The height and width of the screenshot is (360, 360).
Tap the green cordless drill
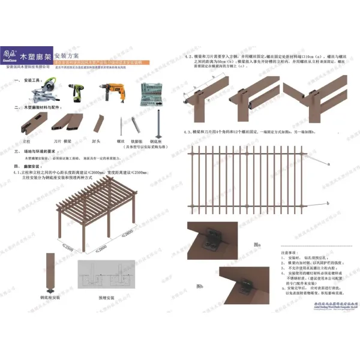(x=78, y=92)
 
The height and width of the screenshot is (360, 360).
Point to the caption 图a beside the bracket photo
(x=257, y=245)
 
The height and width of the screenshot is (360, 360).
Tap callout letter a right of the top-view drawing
(x=328, y=163)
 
